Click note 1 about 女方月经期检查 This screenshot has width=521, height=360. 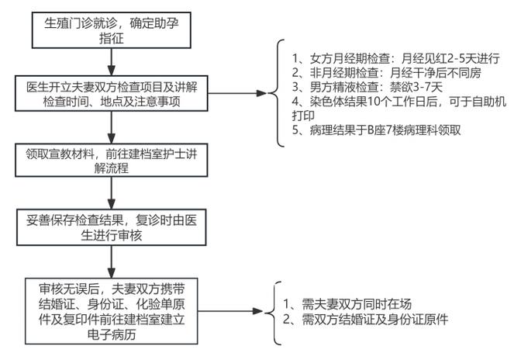[396, 58]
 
